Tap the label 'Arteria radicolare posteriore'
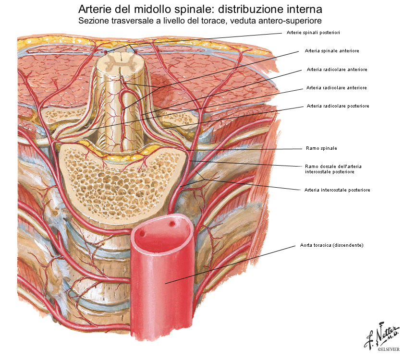(338, 106)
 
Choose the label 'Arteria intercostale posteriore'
(337, 190)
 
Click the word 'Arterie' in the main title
(96, 9)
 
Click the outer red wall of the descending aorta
(163, 288)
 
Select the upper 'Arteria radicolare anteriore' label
(337, 70)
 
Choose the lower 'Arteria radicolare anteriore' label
(336, 88)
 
